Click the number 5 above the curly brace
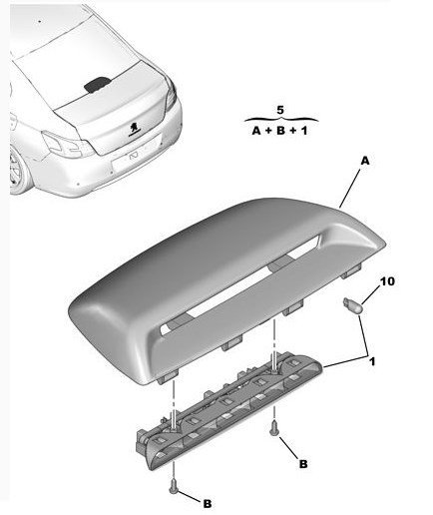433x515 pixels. tap(280, 110)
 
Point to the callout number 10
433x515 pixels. tap(387, 281)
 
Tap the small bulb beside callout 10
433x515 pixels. tap(352, 303)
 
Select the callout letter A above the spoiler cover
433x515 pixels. tap(365, 161)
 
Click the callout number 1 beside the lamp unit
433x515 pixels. tap(372, 361)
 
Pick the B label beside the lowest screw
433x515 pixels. tap(208, 504)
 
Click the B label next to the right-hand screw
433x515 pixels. tap(303, 464)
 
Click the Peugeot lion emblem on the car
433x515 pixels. tap(135, 129)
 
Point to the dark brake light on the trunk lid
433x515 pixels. tap(97, 84)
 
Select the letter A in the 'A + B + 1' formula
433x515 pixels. tap(256, 131)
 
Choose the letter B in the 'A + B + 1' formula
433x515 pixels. tap(281, 131)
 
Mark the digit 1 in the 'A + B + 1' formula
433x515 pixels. tap(304, 131)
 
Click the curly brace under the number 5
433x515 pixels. tap(281, 119)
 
